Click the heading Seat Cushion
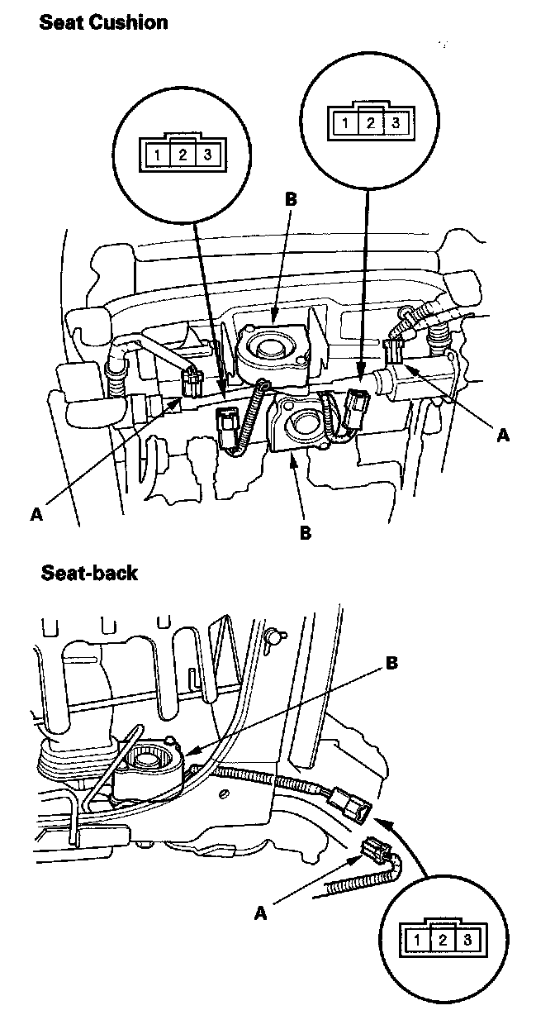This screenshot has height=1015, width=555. pos(103,22)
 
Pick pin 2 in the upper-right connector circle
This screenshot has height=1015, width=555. pos(371,123)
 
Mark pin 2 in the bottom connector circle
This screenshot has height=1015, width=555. pos(443,940)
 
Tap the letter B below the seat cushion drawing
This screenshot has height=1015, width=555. pos(305,533)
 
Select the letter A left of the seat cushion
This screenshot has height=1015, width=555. pos(36,514)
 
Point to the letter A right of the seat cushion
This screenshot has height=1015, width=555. pos(503,436)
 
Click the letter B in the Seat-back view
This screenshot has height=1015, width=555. pos(392,664)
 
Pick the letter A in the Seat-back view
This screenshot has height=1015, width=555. pos(261,913)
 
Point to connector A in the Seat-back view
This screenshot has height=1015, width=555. pos(375,850)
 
